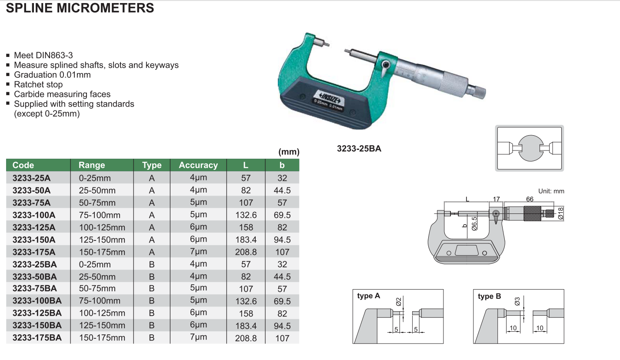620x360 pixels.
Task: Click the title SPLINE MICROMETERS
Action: coord(80,8)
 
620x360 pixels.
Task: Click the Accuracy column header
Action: coord(198,165)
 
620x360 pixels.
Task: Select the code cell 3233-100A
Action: coord(34,215)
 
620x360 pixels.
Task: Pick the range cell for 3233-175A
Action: coord(102,252)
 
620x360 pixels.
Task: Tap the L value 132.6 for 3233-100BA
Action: coord(246,301)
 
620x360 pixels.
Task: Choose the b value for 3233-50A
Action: coord(282,190)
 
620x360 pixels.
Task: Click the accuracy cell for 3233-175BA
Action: coord(198,337)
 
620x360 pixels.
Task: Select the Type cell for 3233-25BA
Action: coord(152,264)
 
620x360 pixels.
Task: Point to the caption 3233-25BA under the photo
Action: coord(359,149)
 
